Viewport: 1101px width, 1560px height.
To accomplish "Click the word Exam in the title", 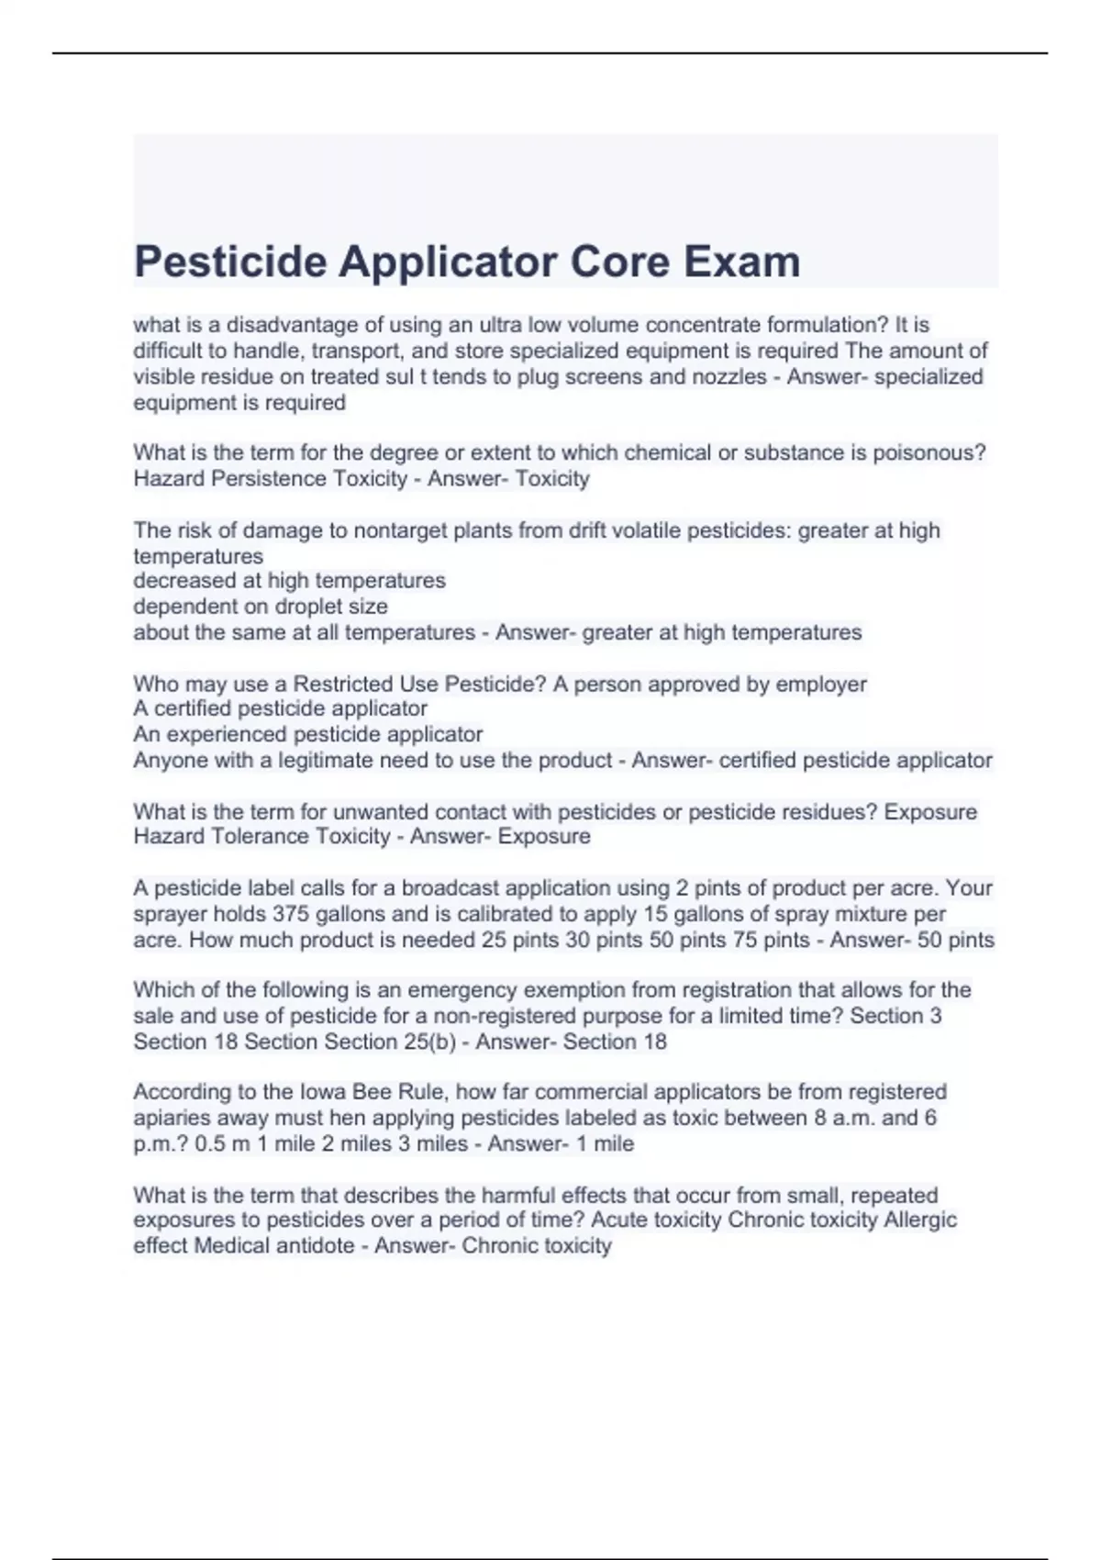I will pyautogui.click(x=741, y=262).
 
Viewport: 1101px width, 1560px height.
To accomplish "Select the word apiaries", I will pyautogui.click(x=169, y=1118).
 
